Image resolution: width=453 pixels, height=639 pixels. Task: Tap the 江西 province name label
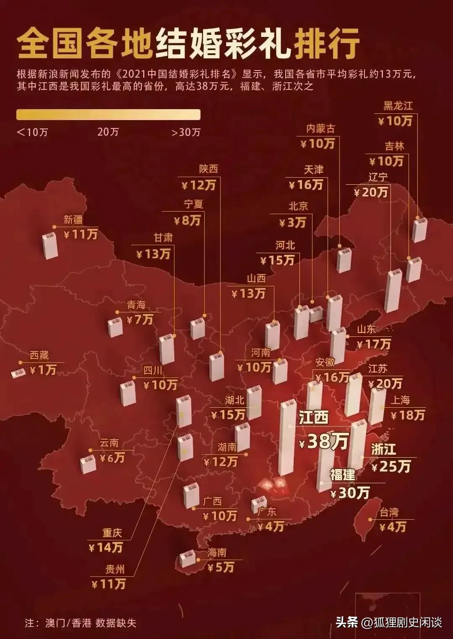coord(313,418)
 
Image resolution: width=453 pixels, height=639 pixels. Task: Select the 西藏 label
coord(39,356)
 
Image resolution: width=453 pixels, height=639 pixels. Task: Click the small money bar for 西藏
coord(18,373)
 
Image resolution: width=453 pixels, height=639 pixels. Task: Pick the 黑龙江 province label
coord(398,106)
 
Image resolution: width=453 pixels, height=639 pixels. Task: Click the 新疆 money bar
coord(50,246)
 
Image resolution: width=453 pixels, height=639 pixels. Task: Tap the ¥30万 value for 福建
coord(350,492)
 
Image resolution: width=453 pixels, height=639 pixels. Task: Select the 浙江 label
coord(383,449)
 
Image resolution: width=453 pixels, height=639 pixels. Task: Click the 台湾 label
coord(389,512)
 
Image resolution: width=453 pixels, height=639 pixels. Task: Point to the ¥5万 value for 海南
coord(221,568)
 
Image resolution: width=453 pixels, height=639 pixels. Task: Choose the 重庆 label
coord(112,533)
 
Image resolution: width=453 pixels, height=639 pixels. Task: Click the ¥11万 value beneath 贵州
coord(109,584)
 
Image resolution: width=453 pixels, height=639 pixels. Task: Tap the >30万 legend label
coord(186,132)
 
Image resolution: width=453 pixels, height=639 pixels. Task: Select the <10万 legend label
coord(32,132)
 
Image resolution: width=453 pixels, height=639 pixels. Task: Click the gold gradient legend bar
coord(108,115)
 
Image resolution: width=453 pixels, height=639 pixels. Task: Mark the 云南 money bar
coord(88,464)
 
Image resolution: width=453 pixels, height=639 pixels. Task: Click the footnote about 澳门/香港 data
coord(81,623)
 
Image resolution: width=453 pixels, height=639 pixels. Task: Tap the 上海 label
coord(400,400)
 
